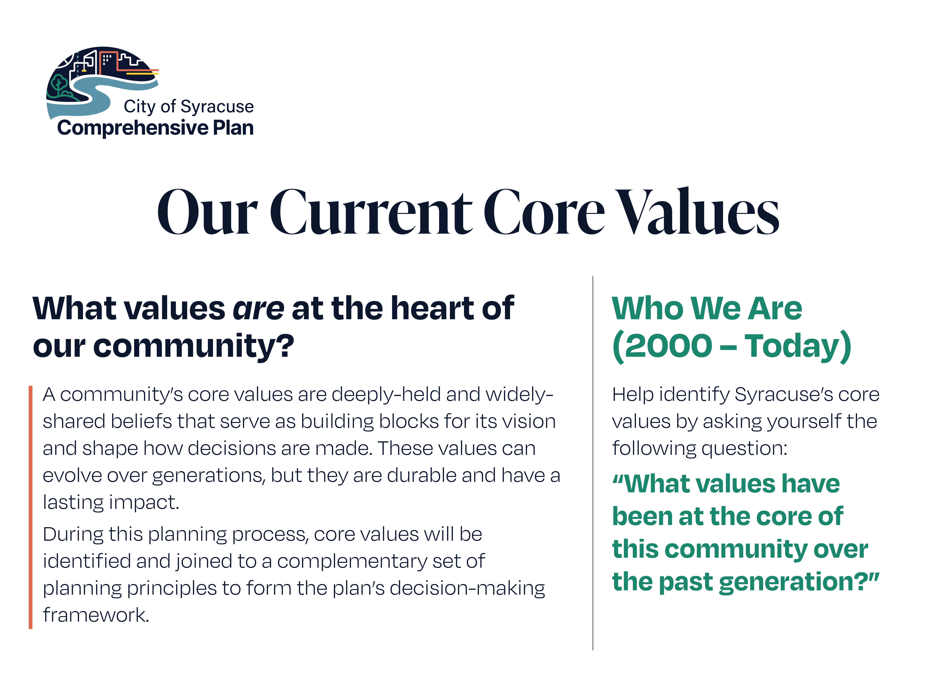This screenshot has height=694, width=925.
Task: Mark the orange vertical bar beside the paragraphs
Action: pos(31,507)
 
